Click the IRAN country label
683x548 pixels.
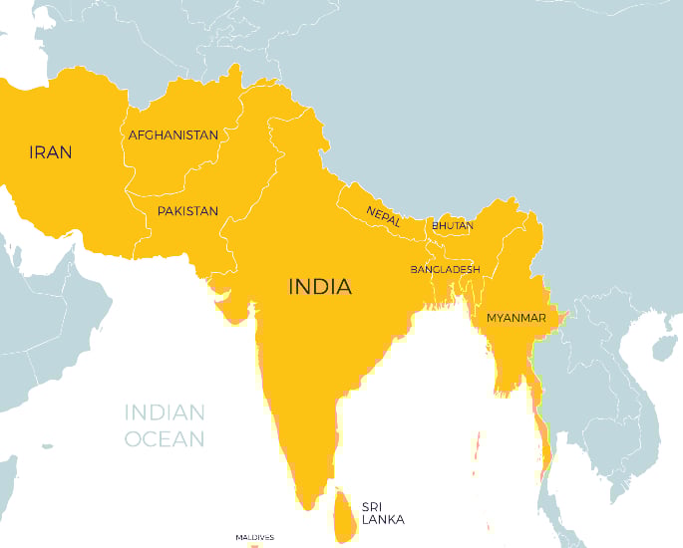[x=50, y=152]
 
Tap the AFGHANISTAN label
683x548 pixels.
[x=173, y=135]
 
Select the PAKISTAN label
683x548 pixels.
[x=187, y=211]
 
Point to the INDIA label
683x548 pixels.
[x=320, y=287]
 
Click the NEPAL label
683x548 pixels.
[x=383, y=215]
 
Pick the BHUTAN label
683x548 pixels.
[x=453, y=226]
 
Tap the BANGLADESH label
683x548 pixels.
[x=446, y=270]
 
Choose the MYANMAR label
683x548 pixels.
[x=515, y=318]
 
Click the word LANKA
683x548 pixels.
[x=384, y=519]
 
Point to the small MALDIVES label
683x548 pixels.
[x=254, y=537]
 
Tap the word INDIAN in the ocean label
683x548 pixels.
[x=165, y=412]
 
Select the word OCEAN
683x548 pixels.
[x=165, y=438]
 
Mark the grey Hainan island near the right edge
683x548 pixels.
[x=663, y=347]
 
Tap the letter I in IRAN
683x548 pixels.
[x=32, y=152]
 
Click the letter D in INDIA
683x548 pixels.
[x=321, y=287]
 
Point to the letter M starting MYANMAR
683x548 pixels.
[x=492, y=318]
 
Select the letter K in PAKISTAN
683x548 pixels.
[x=177, y=211]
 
